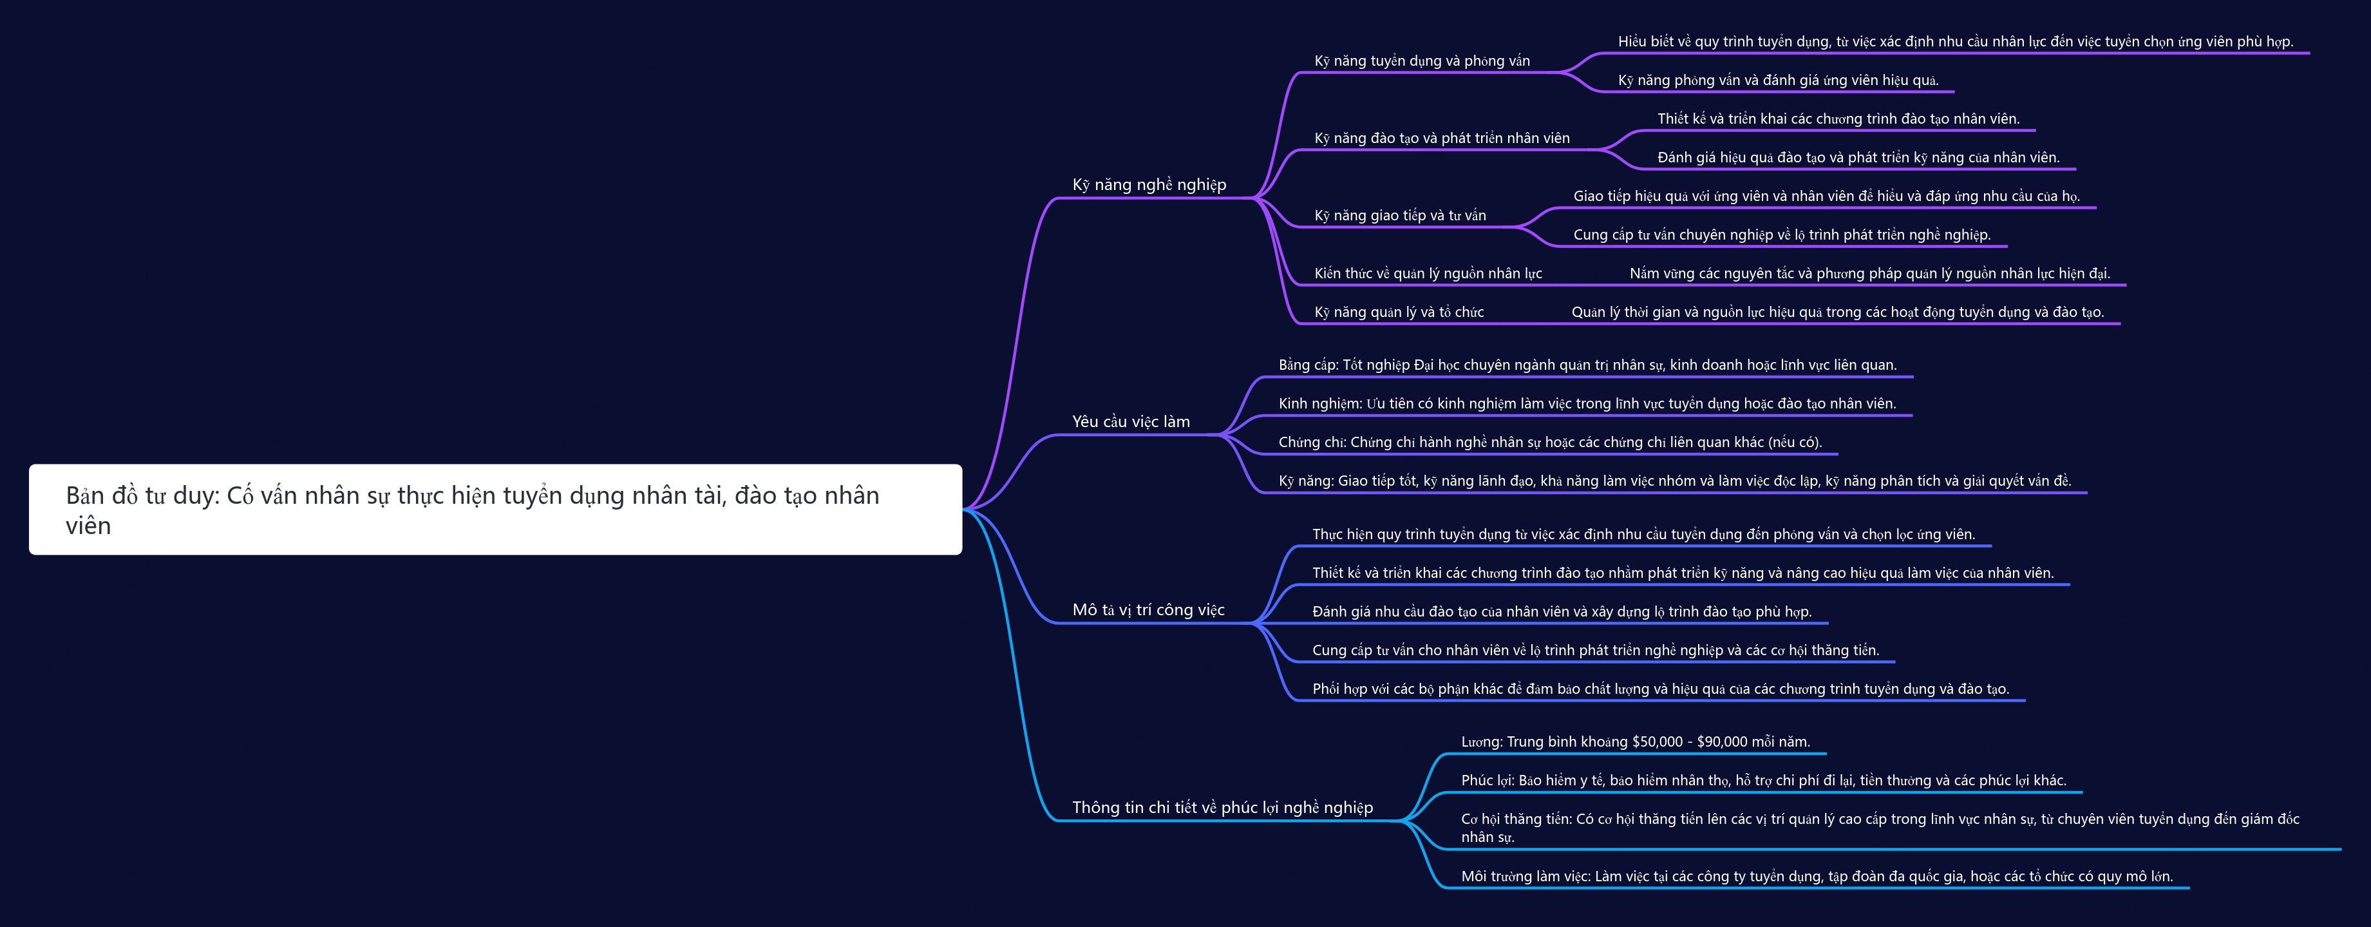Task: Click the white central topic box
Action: (x=495, y=509)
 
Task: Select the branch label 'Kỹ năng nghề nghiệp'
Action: (x=1149, y=185)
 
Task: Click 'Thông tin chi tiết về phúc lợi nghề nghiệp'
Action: (x=1222, y=807)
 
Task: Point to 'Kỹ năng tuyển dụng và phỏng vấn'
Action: (x=1422, y=61)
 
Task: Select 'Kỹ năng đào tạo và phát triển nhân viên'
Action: (x=1441, y=138)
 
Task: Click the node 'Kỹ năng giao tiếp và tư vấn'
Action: (x=1400, y=215)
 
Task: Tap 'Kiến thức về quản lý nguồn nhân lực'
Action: (x=1428, y=273)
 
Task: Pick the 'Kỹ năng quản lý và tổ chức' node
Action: (x=1399, y=312)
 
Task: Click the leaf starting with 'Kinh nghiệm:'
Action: (x=1587, y=403)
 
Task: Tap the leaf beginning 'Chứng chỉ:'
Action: (x=1550, y=442)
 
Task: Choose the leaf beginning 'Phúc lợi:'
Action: (x=1764, y=781)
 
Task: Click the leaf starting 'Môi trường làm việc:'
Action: (x=1817, y=876)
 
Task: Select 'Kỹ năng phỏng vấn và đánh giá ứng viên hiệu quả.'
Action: (x=1779, y=80)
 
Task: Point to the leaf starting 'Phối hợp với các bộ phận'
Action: (x=1661, y=689)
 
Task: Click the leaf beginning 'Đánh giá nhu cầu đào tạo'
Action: (x=1562, y=611)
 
